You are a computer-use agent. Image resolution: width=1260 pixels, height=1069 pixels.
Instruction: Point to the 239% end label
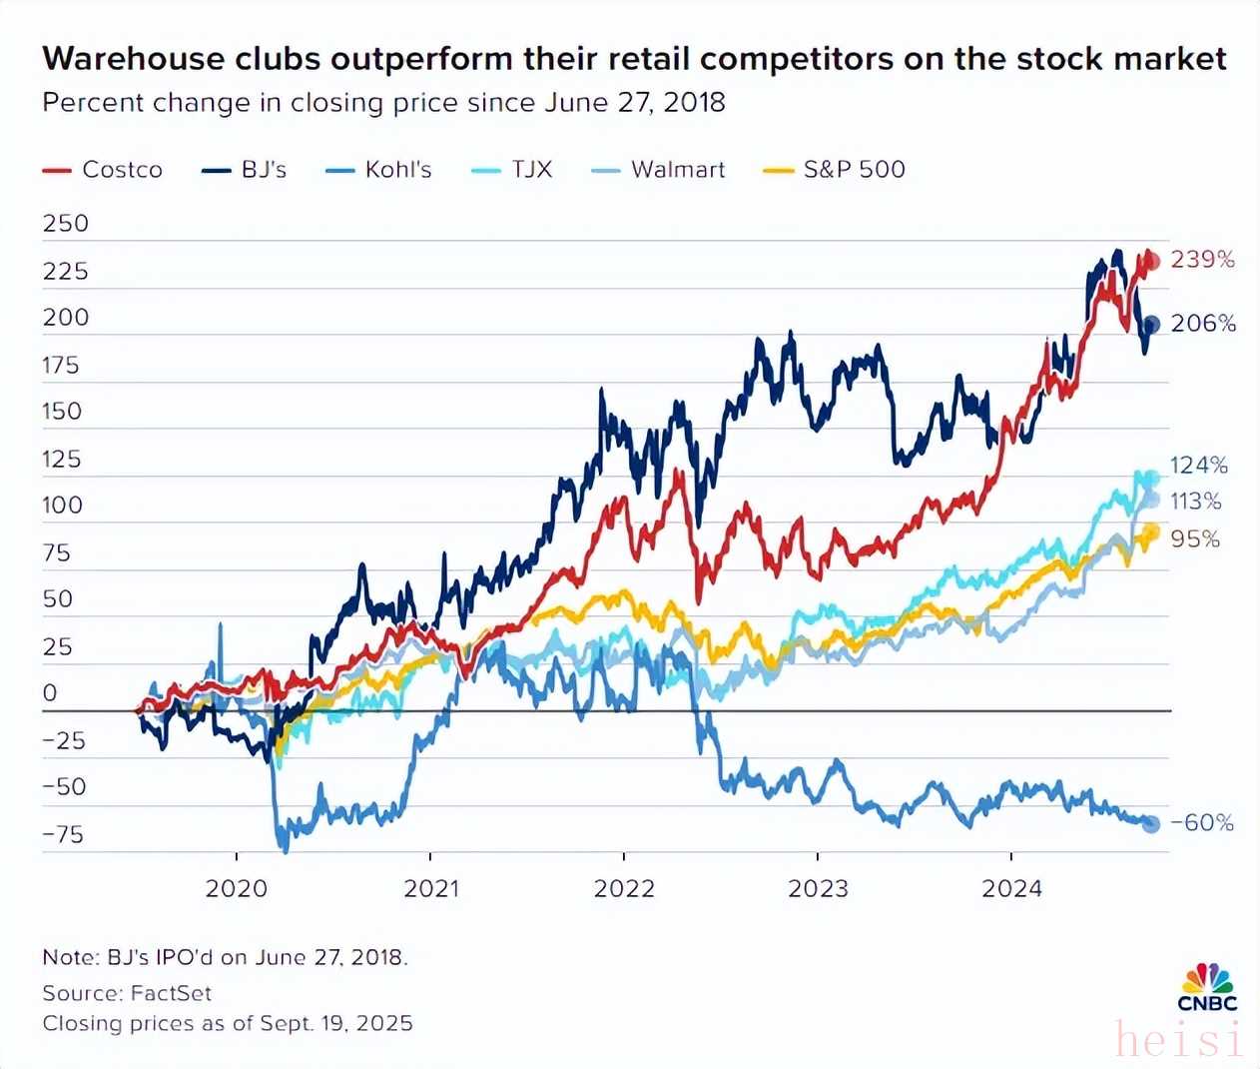pos(1202,260)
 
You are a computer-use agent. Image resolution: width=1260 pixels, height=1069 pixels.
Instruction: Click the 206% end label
pos(1203,324)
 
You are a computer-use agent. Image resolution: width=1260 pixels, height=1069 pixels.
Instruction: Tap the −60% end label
pos(1202,823)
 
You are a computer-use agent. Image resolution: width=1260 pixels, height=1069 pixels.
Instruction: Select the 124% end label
pos(1198,466)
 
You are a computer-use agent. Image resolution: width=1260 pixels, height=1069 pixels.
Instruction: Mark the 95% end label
pos(1195,539)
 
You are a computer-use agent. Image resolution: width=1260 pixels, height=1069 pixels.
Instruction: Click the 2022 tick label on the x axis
pos(624,888)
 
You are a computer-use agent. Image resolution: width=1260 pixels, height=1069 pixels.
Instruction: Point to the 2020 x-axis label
pos(237,888)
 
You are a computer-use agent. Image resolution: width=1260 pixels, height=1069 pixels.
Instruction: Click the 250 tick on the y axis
pos(65,224)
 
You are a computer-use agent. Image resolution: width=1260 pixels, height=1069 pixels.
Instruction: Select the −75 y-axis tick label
pos(63,835)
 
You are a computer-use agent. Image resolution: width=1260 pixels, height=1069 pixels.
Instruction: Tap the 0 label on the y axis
pos(50,693)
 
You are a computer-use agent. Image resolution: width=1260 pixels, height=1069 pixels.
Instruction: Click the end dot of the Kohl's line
pos(1150,823)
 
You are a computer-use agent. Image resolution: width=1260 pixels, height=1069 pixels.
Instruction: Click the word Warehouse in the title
pos(133,59)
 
